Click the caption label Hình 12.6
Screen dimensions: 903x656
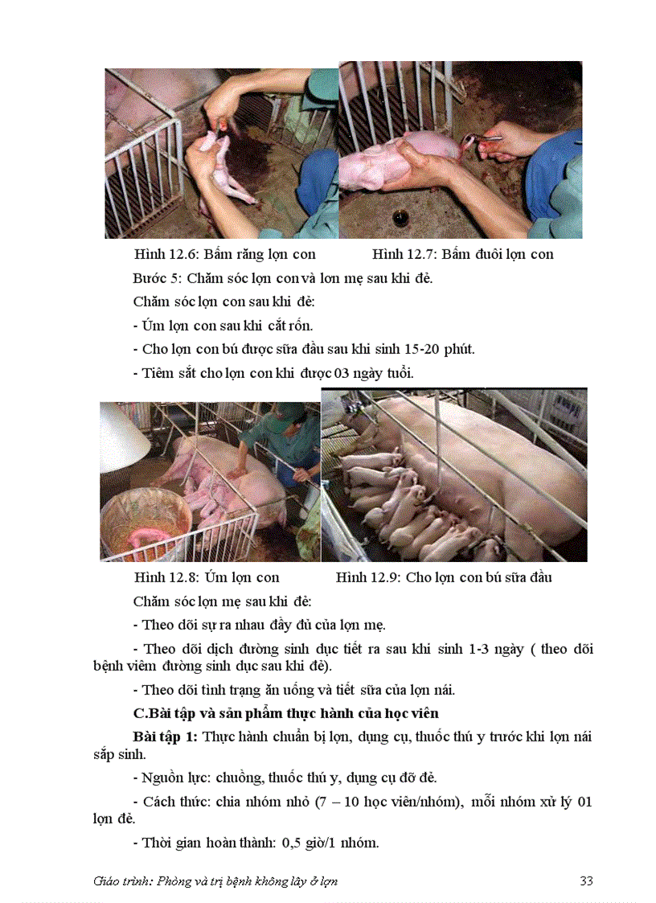[166, 254]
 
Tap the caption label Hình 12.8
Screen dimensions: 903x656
[166, 577]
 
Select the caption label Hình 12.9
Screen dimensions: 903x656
[368, 577]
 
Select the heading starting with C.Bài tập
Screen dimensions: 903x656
[285, 713]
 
